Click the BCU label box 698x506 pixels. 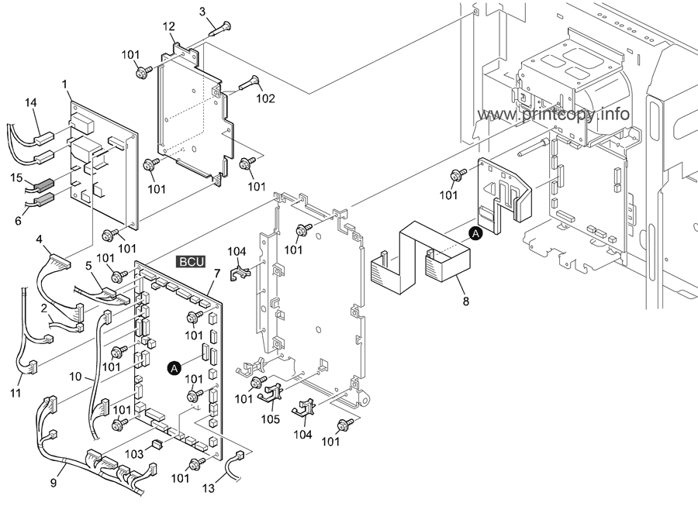pyautogui.click(x=191, y=262)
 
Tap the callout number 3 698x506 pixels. pyautogui.click(x=202, y=12)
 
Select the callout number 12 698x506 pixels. pyautogui.click(x=169, y=26)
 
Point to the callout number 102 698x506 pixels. pyautogui.click(x=265, y=98)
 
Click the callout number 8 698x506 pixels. pyautogui.click(x=465, y=301)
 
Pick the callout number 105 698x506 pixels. pyautogui.click(x=270, y=419)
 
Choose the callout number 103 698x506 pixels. pyautogui.click(x=134, y=454)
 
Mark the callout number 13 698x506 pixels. pyautogui.click(x=209, y=488)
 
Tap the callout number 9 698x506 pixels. pyautogui.click(x=54, y=483)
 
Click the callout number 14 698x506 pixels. pyautogui.click(x=30, y=103)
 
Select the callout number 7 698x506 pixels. pyautogui.click(x=217, y=274)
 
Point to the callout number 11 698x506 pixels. pyautogui.click(x=16, y=393)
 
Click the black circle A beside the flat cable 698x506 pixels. pyautogui.click(x=476, y=233)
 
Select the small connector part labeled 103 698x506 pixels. pyautogui.click(x=157, y=444)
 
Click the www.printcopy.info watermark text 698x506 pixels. pyautogui.click(x=553, y=114)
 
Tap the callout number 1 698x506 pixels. pyautogui.click(x=64, y=84)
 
